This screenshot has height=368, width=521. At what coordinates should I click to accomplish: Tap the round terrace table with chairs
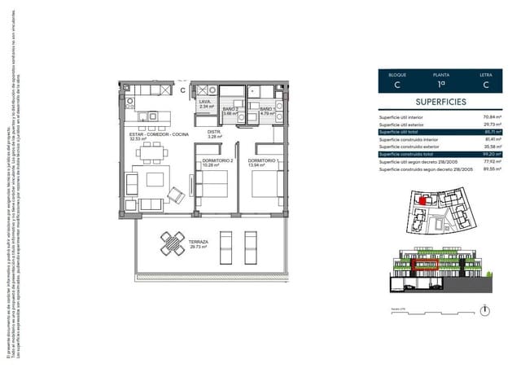click(173, 243)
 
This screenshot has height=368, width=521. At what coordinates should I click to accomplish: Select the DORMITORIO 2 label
click(217, 160)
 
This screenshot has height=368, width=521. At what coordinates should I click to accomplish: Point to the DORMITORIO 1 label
click(264, 160)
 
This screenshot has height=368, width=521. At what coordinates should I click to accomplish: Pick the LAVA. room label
click(205, 102)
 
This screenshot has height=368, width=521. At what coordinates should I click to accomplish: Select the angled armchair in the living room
click(175, 195)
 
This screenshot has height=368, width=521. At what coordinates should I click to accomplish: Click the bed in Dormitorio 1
click(265, 184)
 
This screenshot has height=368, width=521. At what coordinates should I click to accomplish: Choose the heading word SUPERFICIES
click(440, 103)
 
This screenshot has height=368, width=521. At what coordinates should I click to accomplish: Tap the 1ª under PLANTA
click(440, 84)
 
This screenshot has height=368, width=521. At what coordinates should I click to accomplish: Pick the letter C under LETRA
click(485, 84)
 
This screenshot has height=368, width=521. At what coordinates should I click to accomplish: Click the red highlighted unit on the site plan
click(422, 199)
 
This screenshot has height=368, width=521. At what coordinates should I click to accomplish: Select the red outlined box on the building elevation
click(425, 265)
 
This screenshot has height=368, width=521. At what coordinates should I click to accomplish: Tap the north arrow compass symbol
click(485, 310)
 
